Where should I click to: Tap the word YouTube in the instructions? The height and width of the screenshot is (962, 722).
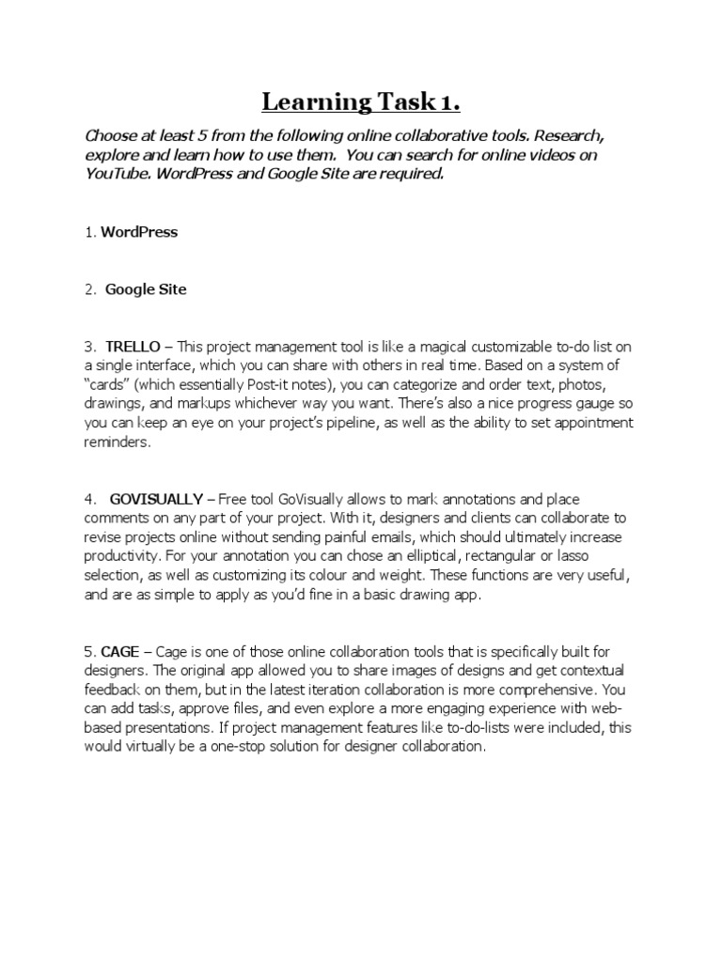click(117, 174)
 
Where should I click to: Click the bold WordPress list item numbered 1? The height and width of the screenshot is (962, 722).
click(139, 232)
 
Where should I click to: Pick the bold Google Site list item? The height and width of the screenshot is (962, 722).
click(146, 289)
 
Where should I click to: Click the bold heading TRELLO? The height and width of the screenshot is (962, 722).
click(133, 347)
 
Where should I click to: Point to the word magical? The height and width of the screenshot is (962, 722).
click(384, 347)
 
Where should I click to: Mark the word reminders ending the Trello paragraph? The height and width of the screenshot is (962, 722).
click(117, 442)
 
